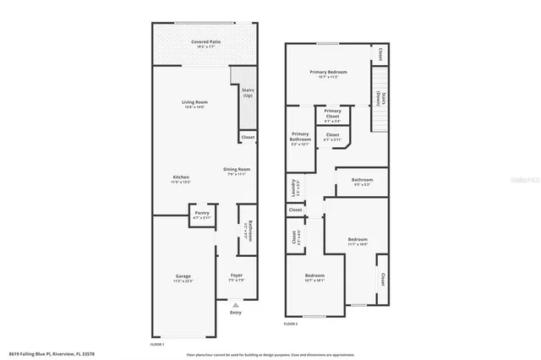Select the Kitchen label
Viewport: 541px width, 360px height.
pyautogui.click(x=168, y=177)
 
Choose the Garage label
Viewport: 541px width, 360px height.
pyautogui.click(x=183, y=276)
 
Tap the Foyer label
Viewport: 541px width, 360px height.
pyautogui.click(x=237, y=276)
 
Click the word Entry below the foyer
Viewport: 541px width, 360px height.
pyautogui.click(x=236, y=313)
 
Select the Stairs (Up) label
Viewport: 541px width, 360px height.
pyautogui.click(x=248, y=92)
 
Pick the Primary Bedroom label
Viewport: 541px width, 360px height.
pyautogui.click(x=328, y=74)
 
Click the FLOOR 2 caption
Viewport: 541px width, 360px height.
pyautogui.click(x=292, y=324)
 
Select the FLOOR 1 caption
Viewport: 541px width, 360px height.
pyautogui.click(x=157, y=344)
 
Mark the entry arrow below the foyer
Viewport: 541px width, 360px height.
pyautogui.click(x=236, y=304)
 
